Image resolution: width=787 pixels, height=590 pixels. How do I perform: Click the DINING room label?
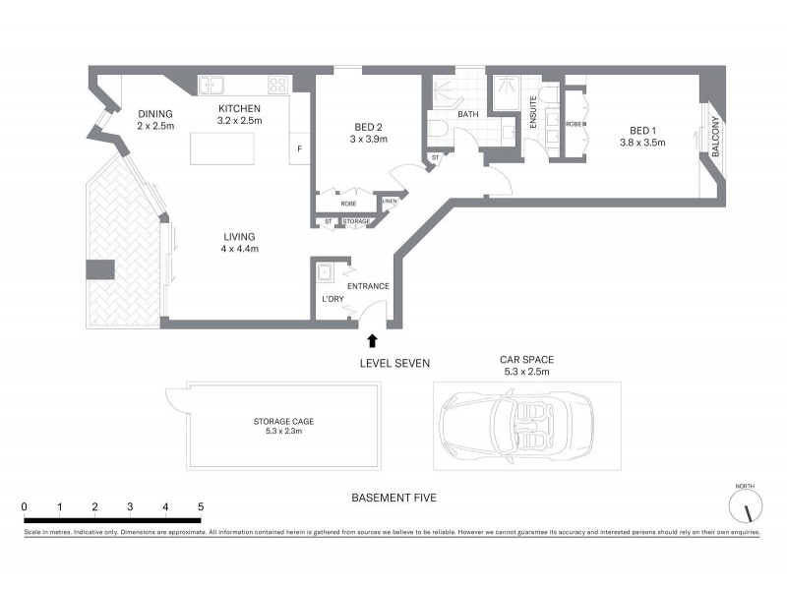click(x=155, y=111)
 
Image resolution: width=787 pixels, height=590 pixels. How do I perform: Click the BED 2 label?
click(x=370, y=127)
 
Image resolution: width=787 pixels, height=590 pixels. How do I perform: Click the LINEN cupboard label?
click(x=390, y=204)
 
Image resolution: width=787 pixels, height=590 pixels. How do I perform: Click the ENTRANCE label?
click(x=368, y=286)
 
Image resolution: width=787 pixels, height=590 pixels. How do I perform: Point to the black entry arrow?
click(x=372, y=341)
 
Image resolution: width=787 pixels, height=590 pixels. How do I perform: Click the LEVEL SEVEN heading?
click(x=394, y=364)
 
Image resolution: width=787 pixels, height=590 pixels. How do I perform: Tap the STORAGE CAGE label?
click(x=283, y=421)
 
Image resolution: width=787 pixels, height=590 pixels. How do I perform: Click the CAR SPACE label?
click(x=525, y=361)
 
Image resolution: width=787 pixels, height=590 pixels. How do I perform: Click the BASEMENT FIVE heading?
click(x=393, y=499)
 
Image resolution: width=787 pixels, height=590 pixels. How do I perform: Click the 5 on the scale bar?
click(x=201, y=506)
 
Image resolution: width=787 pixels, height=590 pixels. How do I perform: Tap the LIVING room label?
click(x=239, y=236)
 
